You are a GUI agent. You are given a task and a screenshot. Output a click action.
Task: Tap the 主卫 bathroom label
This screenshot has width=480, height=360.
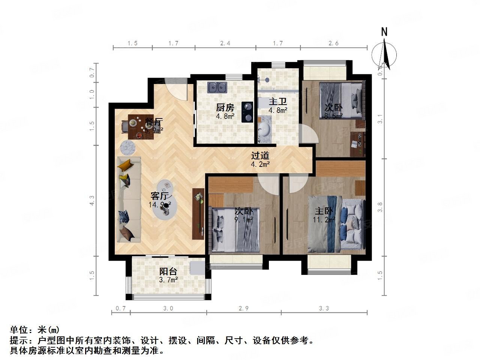coord(278,102)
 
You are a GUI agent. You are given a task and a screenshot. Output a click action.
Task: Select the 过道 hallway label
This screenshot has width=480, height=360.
coord(260,155)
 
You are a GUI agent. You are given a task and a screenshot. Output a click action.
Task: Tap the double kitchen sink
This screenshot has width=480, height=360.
coord(217,88)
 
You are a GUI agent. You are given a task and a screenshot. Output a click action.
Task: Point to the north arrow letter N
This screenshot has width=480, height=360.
coord(384,32)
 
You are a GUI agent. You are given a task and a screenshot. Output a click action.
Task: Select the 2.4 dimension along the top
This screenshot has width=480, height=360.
coord(225,43)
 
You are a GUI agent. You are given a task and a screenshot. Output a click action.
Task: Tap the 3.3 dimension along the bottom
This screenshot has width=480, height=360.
coord(324,308)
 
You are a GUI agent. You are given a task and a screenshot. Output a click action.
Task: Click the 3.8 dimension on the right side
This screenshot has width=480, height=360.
coord(381,207)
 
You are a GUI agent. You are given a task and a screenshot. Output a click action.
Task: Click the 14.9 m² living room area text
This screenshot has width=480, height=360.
coord(161,205)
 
